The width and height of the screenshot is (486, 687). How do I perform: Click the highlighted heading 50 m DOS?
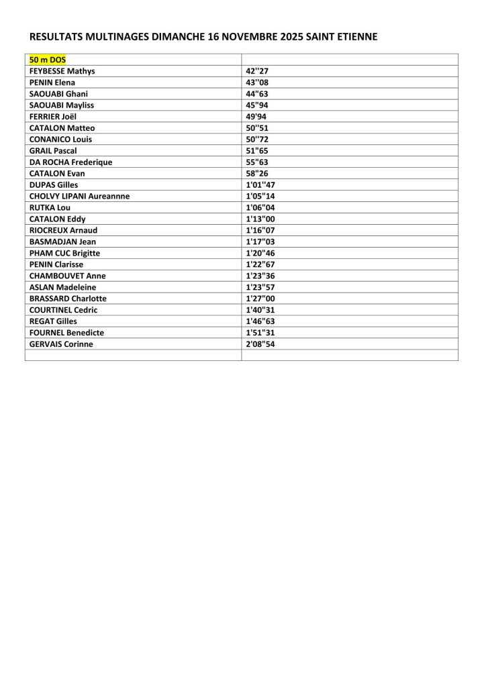[x=48, y=59]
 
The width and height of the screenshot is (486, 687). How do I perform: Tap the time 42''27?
[x=257, y=70]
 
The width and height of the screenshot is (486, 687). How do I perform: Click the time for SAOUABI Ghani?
[x=257, y=93]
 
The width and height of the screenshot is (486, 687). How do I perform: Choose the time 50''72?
[x=257, y=139]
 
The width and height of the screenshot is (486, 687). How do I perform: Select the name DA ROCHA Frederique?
[x=70, y=162]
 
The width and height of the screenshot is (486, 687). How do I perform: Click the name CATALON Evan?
[x=57, y=173]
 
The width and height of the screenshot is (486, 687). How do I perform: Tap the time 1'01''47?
[x=261, y=184]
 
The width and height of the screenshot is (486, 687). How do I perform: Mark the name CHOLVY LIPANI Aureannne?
[x=79, y=196]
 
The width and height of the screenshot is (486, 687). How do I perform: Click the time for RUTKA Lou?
[x=261, y=207]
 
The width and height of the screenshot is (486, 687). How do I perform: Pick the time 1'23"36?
[x=261, y=276]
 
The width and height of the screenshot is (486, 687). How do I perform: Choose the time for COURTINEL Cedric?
[x=261, y=310]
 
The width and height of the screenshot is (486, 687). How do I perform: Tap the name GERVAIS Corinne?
[x=61, y=344]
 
